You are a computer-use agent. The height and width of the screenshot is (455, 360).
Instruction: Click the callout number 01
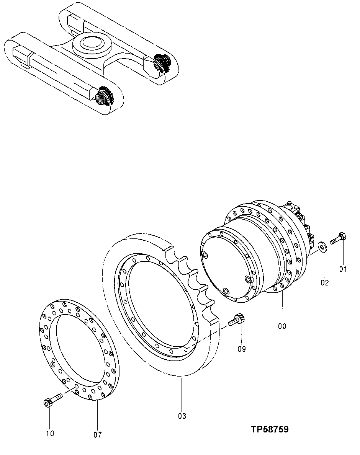tap(343, 269)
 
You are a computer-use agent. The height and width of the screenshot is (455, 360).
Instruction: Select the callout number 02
tap(325, 283)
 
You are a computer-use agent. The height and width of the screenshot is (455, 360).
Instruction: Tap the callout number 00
tap(282, 326)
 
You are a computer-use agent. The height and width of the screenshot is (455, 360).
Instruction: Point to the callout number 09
tap(242, 349)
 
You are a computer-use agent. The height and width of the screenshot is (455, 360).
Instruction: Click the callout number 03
tap(182, 416)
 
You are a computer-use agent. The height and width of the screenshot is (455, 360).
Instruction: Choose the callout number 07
tap(97, 434)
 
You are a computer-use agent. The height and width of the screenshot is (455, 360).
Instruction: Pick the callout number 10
tap(50, 433)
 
